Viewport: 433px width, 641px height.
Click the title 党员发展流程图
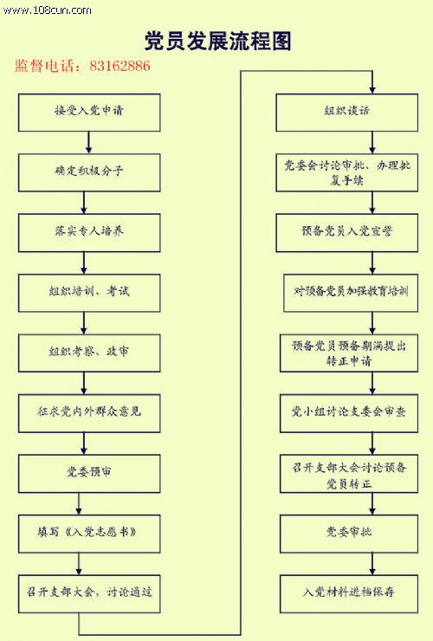217,42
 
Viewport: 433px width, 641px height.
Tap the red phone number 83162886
120,66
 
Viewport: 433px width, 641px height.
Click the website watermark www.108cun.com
47,10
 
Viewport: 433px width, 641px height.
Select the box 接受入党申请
89,113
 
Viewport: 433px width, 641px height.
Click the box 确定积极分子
89,172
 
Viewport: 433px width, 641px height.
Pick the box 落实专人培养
89,233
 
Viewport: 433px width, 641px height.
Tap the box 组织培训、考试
89,293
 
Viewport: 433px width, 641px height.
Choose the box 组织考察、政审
89,353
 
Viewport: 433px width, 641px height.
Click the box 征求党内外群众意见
89,413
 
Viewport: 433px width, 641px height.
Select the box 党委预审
89,474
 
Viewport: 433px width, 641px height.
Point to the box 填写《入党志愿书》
89,534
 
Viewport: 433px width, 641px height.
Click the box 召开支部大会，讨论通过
89,593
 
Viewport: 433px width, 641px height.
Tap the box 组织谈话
346,113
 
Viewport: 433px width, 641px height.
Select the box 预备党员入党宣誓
346,233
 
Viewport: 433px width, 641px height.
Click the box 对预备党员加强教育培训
351,293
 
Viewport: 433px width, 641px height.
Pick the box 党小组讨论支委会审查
349,413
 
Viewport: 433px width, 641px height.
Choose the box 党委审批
349,534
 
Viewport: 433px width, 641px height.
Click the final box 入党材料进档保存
349,593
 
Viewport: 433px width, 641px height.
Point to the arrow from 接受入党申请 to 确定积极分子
88,143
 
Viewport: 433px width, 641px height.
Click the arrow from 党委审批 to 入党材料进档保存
372,564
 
